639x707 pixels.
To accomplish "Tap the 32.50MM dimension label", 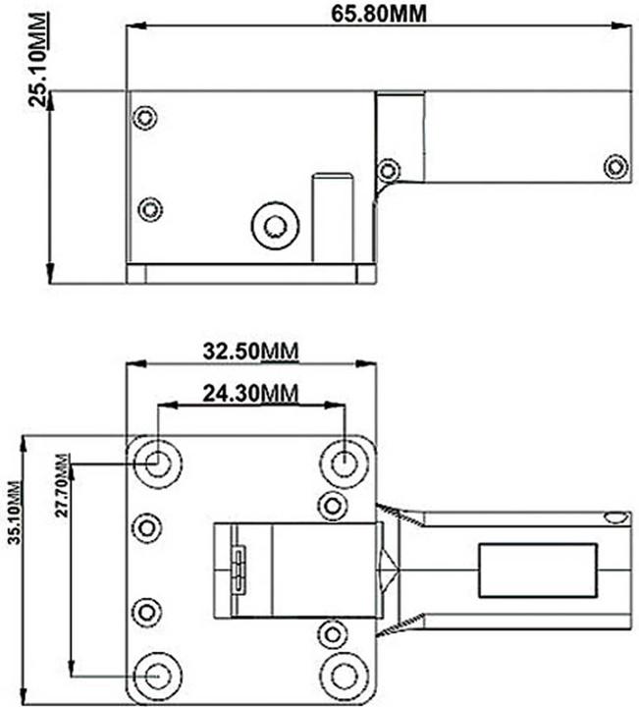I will [250, 351].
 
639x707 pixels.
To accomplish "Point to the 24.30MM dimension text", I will [250, 393].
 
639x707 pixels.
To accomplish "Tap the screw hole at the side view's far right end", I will [615, 166].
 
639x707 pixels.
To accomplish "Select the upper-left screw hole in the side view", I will [145, 119].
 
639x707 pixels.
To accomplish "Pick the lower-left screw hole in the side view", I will [149, 209].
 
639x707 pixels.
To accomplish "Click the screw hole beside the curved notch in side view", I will [389, 169].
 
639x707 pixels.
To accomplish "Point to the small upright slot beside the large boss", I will [333, 216].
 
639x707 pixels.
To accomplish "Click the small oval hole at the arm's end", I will [614, 517].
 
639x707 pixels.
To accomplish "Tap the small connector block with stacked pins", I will [237, 570].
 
